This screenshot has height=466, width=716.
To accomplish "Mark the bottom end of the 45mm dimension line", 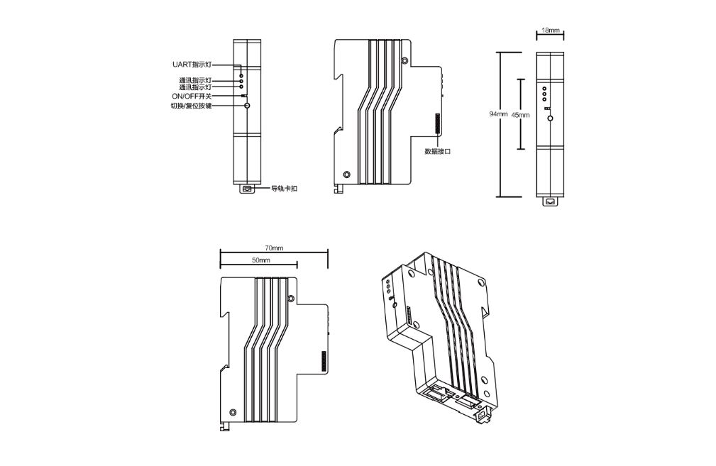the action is pyautogui.click(x=521, y=149).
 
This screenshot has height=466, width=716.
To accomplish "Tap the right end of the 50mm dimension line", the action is pyautogui.click(x=297, y=265).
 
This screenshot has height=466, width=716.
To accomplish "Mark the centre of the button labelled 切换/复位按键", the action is pyautogui.click(x=247, y=106).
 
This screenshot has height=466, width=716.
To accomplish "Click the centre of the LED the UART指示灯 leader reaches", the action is pyautogui.click(x=241, y=74).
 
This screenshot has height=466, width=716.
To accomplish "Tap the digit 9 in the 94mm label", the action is pyautogui.click(x=491, y=115).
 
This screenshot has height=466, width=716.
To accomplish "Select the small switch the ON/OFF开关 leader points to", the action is pyautogui.click(x=244, y=96).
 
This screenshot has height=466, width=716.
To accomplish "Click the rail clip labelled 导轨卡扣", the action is pyautogui.click(x=247, y=188).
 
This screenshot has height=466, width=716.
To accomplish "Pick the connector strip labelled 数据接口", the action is pyautogui.click(x=438, y=123).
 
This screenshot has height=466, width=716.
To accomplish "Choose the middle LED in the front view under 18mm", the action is pyautogui.click(x=544, y=94).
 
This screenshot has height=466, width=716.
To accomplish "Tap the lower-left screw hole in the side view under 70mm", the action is pyautogui.click(x=233, y=412).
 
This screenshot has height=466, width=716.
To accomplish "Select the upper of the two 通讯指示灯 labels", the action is pyautogui.click(x=195, y=80).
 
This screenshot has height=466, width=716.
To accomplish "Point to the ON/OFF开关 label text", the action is pyautogui.click(x=192, y=96).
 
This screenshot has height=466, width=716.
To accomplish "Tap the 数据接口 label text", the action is pyautogui.click(x=437, y=152).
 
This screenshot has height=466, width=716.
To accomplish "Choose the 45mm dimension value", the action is pyautogui.click(x=520, y=115).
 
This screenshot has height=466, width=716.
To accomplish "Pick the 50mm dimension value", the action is pyautogui.click(x=260, y=260).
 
